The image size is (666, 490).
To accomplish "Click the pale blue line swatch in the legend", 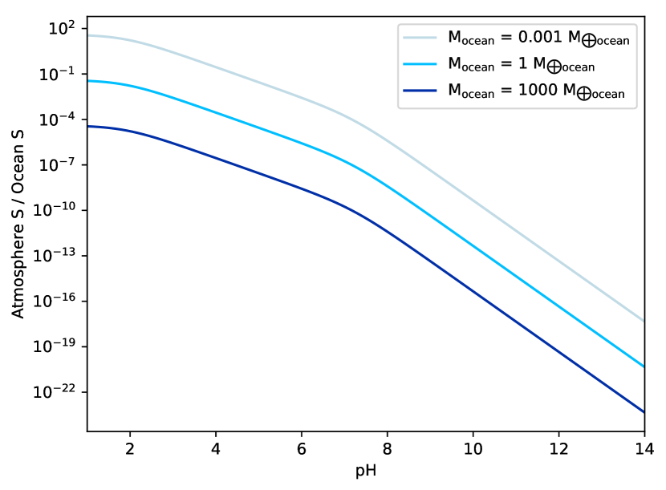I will pyautogui.click(x=420, y=38).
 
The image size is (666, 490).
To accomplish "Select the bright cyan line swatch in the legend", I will pyautogui.click(x=420, y=64).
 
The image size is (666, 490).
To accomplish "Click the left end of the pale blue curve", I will pyautogui.click(x=89, y=35).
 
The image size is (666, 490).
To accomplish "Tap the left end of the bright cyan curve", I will pyautogui.click(x=89, y=81).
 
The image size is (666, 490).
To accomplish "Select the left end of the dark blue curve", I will pyautogui.click(x=89, y=127).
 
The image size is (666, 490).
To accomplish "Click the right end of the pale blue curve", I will pyautogui.click(x=644, y=321).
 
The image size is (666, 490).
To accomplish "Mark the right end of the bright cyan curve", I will pyautogui.click(x=644, y=366).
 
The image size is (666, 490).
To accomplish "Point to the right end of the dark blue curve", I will pyautogui.click(x=644, y=411).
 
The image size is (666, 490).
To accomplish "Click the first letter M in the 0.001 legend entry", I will pyautogui.click(x=454, y=37).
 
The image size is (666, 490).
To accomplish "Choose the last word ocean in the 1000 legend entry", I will pyautogui.click(x=608, y=95).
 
